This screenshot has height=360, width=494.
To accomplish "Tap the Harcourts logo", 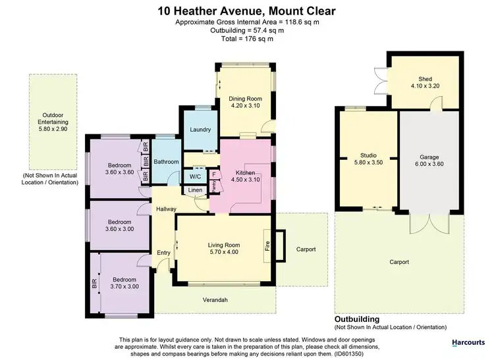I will click(468, 342).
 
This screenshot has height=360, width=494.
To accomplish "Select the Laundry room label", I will click(200, 129).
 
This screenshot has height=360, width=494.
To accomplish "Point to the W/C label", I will click(195, 176).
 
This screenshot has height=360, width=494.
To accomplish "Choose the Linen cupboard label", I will click(195, 190).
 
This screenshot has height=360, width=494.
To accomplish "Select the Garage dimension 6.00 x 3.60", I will click(429, 165).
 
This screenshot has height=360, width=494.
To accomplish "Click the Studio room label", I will click(367, 155).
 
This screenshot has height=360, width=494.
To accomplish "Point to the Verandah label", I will click(214, 299).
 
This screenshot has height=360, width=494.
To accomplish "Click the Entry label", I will click(163, 252).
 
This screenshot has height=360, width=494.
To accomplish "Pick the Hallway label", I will click(165, 209).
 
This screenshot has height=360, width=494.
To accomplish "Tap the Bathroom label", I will click(166, 161).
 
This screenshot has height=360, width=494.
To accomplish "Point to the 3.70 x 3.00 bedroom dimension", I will click(124, 286).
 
